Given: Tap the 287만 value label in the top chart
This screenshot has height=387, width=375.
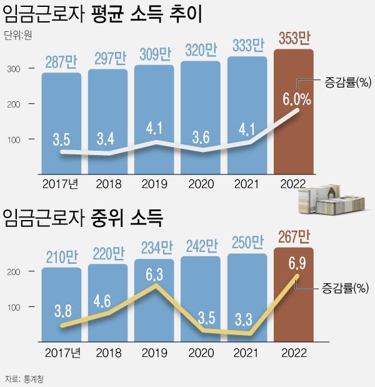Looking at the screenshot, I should tap(61, 62).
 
